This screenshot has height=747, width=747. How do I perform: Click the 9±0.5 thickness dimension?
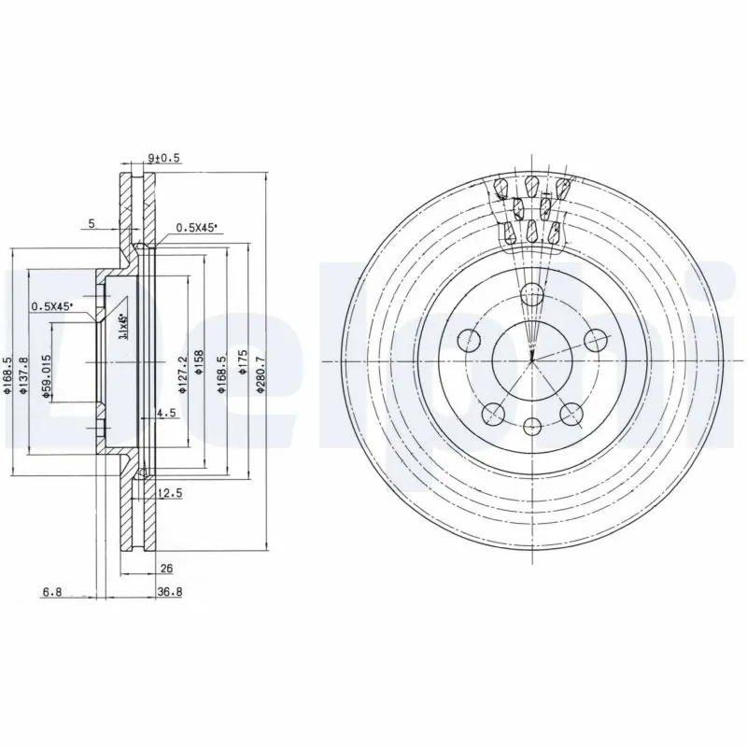tap(163, 159)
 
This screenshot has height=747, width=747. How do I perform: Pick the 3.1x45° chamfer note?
tap(122, 328)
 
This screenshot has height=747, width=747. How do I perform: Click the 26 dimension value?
tap(166, 567)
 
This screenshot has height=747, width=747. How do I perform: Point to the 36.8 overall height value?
tap(169, 590)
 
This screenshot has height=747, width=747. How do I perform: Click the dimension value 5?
tap(91, 223)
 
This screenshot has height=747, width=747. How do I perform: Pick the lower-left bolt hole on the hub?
tap(492, 412)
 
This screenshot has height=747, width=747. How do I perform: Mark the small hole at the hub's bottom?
tap(532, 427)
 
